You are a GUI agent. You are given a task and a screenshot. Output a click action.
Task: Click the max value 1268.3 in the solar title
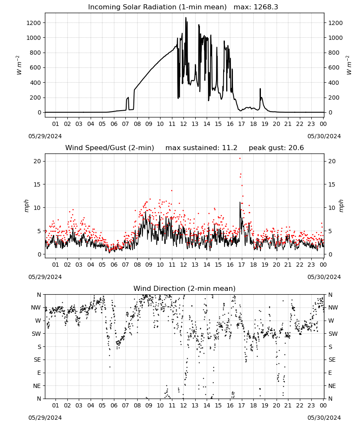[x=266, y=7]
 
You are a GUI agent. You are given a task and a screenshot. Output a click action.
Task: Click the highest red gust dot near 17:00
[x=240, y=159]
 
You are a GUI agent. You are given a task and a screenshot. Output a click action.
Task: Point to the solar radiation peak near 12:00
[x=186, y=18]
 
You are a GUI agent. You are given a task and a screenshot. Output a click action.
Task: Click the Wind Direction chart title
[x=185, y=288]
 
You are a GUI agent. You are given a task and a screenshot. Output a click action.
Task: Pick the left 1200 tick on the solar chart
[x=33, y=23]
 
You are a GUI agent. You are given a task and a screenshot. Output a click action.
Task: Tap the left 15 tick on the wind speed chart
[x=38, y=184]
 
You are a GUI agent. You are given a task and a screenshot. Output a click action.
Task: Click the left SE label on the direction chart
[x=37, y=360]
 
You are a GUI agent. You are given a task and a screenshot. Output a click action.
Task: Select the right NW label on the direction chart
[x=333, y=307]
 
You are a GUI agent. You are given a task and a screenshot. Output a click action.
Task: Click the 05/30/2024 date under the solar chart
[x=324, y=136]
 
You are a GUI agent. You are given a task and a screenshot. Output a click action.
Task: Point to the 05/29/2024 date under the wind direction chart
[x=45, y=418]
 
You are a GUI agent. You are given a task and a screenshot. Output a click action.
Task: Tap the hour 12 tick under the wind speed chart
[x=183, y=265]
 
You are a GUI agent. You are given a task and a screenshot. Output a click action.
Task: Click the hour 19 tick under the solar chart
[x=265, y=124]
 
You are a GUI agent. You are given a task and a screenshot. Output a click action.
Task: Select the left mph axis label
[x=26, y=206]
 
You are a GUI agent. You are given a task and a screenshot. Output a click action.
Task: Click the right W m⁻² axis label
[x=349, y=65]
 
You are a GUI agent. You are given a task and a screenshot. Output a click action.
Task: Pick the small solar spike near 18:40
[x=260, y=89]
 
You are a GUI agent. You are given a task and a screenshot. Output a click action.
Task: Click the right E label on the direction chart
[x=330, y=373]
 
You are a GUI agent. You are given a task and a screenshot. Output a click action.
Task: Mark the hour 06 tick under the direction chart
[x=114, y=406]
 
